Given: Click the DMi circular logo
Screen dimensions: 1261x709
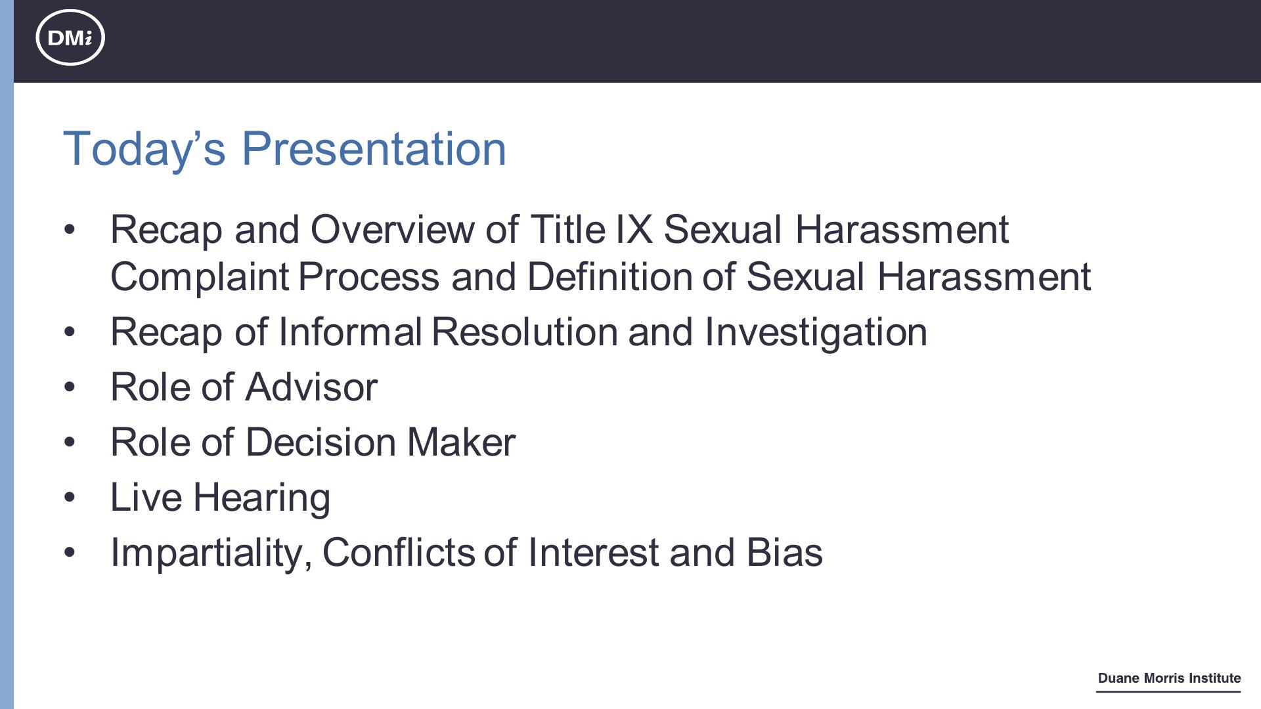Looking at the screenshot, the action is tap(70, 37).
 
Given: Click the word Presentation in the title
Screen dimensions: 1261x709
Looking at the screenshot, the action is tap(374, 148).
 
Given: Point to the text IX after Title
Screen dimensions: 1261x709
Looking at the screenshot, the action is tap(634, 229).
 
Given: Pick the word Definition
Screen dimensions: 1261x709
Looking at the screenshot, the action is tap(609, 276).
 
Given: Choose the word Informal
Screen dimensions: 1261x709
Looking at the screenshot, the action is tap(350, 332).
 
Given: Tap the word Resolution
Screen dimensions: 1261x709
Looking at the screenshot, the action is tap(525, 332).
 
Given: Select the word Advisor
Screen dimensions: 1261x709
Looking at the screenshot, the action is tap(311, 387).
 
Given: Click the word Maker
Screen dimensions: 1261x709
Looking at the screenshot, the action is tap(461, 442).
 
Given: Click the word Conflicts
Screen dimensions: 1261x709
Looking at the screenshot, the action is tap(399, 552).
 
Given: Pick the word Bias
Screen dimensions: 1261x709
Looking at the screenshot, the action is tap(784, 552).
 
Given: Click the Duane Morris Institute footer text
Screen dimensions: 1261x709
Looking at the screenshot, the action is tap(1169, 678).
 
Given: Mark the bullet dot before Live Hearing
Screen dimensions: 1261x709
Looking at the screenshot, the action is tap(70, 497).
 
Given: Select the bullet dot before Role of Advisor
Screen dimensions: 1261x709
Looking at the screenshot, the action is tap(70, 387).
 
